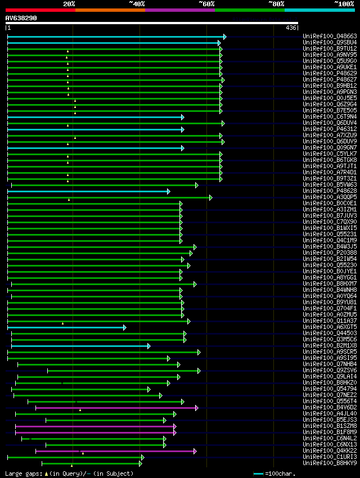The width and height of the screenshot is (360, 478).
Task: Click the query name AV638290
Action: click(21, 18)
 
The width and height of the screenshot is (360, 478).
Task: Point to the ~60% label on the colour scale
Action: click(206, 4)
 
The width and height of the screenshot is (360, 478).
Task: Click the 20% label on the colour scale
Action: click(69, 4)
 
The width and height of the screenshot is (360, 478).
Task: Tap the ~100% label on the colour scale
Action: click(344, 4)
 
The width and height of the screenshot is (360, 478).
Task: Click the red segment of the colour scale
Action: click(40, 10)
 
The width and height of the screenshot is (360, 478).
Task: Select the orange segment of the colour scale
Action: click(110, 10)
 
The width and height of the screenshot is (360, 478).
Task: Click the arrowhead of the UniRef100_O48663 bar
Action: click(224, 37)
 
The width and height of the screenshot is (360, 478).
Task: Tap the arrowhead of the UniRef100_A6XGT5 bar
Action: click(124, 327)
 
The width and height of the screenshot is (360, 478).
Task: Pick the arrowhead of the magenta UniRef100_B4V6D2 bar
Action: click(196, 392)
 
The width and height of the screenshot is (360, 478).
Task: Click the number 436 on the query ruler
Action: click(291, 28)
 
